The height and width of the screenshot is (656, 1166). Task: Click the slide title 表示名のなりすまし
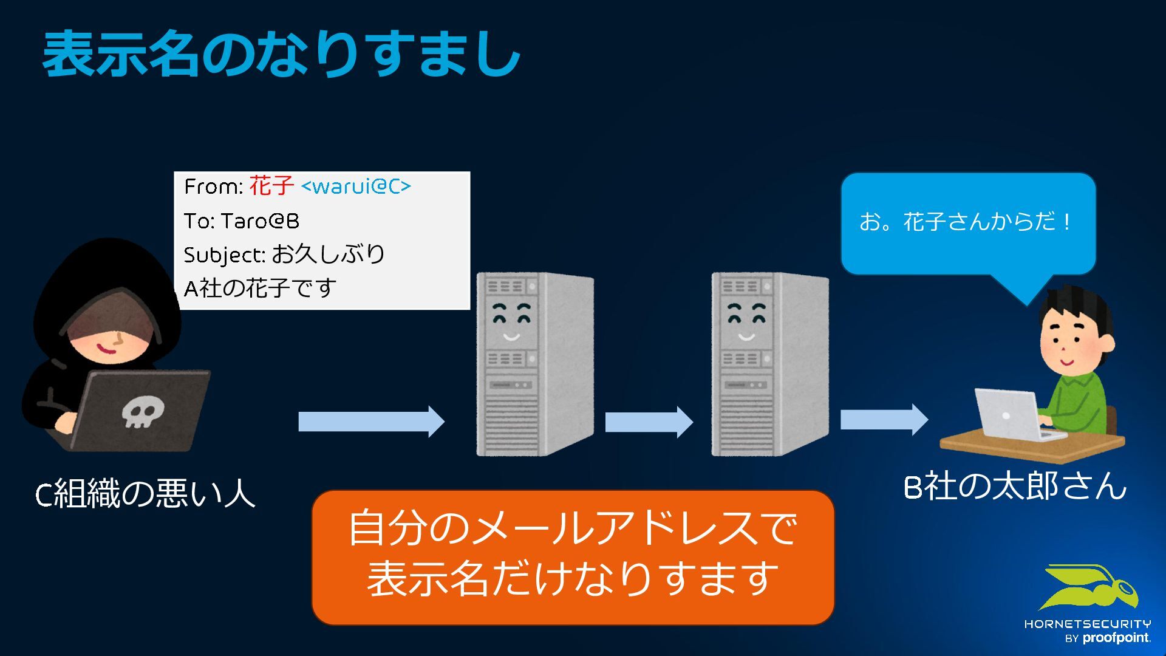tap(281, 55)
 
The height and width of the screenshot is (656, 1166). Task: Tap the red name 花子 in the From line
tap(271, 186)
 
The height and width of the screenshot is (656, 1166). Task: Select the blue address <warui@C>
tap(356, 186)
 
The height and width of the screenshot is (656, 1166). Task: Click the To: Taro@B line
tap(241, 220)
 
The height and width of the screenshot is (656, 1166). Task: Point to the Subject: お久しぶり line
tap(284, 255)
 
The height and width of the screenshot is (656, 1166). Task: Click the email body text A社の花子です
tap(260, 288)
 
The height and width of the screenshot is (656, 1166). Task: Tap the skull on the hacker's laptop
tap(141, 412)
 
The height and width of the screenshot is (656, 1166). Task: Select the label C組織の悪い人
tap(145, 493)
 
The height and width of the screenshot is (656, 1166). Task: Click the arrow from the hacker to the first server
tap(370, 422)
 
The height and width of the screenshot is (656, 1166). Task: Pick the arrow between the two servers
tap(649, 422)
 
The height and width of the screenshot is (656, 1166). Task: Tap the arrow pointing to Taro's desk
tap(884, 419)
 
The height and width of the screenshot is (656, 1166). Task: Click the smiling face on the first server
tap(511, 322)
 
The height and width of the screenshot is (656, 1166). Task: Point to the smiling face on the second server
tap(746, 322)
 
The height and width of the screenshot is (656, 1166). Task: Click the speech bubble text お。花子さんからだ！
tap(966, 222)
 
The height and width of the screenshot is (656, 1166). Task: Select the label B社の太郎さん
tap(1014, 487)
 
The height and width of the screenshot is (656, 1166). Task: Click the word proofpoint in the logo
tap(1116, 638)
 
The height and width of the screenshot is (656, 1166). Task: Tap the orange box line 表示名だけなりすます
tap(572, 578)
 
